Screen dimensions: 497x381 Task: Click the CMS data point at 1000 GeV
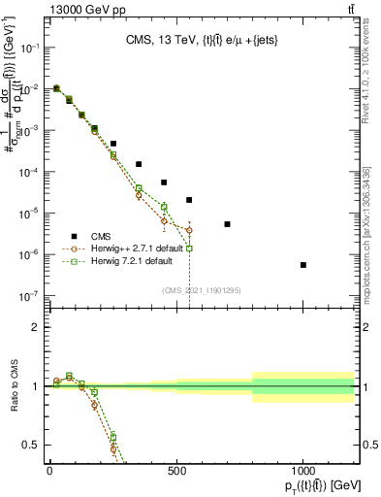(x=303, y=265)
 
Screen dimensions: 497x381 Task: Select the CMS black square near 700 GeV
(x=227, y=224)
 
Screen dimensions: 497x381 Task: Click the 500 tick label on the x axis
(x=176, y=472)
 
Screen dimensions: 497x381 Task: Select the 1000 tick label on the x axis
(x=303, y=472)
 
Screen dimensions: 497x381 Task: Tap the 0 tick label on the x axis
(x=49, y=472)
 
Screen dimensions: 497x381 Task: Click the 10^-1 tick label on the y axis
(x=27, y=47)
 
